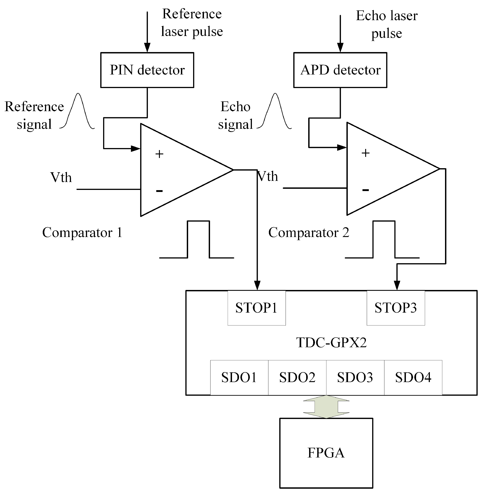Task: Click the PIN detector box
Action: click(x=147, y=70)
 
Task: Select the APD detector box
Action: click(x=340, y=70)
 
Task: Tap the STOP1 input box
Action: click(x=256, y=308)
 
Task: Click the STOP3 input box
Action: click(x=396, y=308)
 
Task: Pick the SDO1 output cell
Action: click(x=239, y=377)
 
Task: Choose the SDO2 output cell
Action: click(x=297, y=377)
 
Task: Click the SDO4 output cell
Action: click(x=413, y=377)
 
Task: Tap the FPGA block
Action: click(x=326, y=453)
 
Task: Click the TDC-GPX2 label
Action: click(x=331, y=343)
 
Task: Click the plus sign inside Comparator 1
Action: click(x=159, y=154)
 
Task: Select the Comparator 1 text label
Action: click(x=82, y=232)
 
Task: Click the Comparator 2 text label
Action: click(x=309, y=232)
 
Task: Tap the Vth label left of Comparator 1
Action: click(x=61, y=177)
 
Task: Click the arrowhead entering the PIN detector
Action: click(x=147, y=48)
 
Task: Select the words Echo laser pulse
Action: click(x=387, y=24)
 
